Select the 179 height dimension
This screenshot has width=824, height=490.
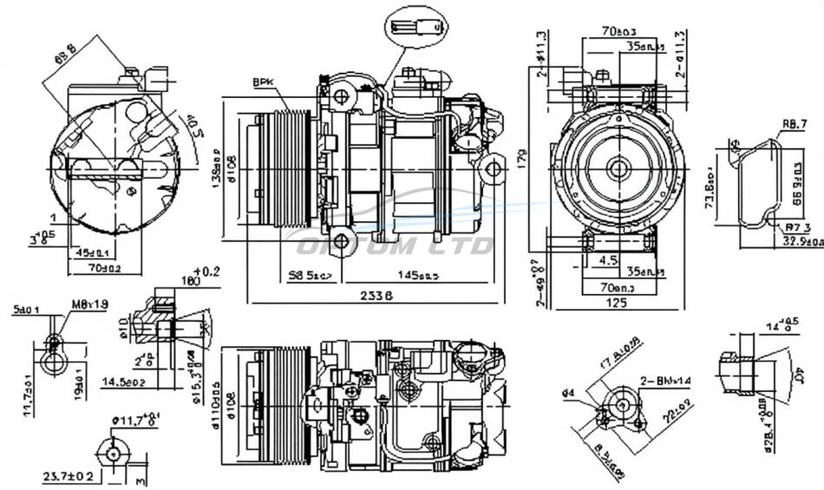point(523,160)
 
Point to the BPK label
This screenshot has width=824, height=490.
point(263,82)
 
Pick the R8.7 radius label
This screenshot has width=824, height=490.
point(793,126)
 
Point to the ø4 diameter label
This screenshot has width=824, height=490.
point(569,394)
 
